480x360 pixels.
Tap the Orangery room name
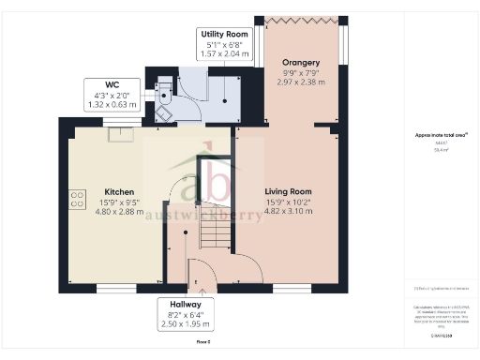point(301,63)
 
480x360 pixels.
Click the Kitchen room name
point(118,192)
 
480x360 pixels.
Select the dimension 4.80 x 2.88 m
point(118,212)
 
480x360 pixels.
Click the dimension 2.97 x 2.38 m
point(301,82)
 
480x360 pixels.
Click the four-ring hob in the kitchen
point(76,199)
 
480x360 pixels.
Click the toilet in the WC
point(163,89)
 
